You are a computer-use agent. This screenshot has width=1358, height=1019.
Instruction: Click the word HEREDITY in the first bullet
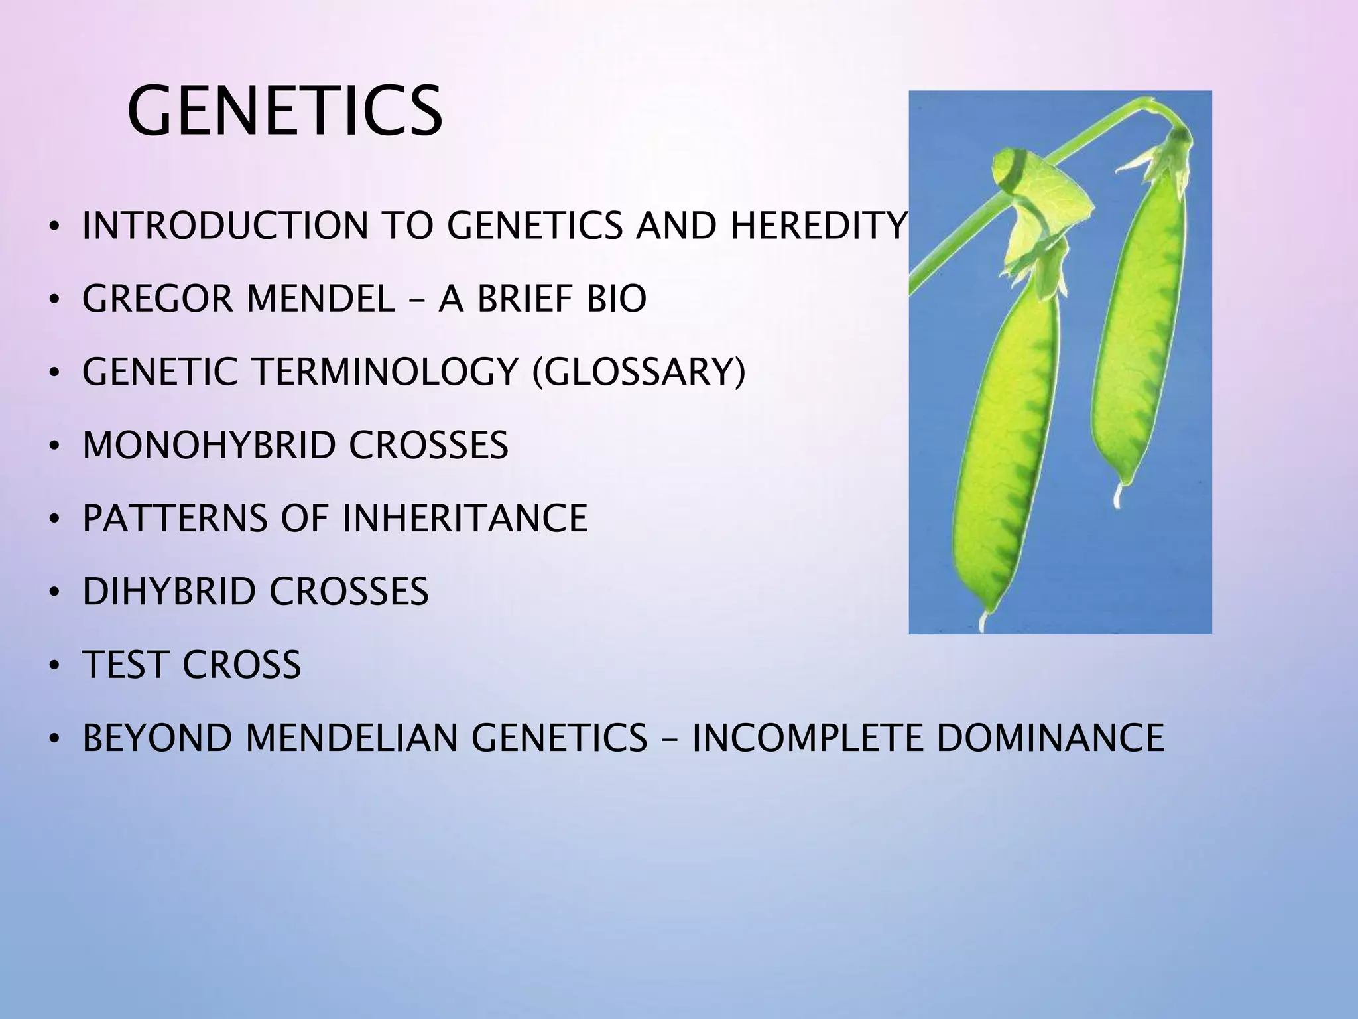818,226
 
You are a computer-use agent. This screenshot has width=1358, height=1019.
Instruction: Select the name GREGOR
157,299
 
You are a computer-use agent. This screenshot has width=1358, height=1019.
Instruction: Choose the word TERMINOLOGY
385,372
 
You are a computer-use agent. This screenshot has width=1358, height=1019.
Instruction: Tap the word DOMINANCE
1050,737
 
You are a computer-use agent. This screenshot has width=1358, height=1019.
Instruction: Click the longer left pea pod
1005,451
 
